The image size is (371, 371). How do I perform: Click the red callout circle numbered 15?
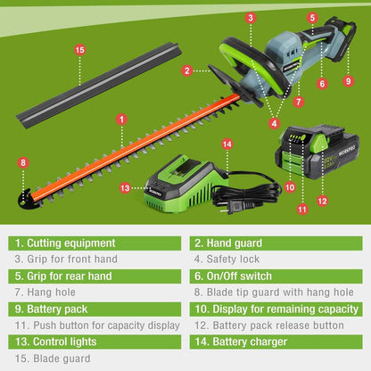click(x=79, y=51)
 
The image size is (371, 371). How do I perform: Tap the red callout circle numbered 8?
click(x=23, y=162)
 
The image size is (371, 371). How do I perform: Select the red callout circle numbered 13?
click(x=126, y=187)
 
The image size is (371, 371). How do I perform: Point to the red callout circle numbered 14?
click(x=227, y=144)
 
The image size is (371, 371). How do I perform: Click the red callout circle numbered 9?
click(x=349, y=81)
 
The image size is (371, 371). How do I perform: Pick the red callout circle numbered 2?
click(x=186, y=70)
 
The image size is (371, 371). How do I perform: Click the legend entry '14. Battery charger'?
click(x=241, y=342)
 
